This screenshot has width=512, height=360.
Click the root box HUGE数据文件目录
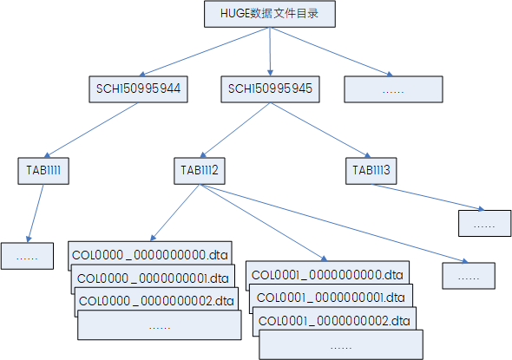[x=269, y=15]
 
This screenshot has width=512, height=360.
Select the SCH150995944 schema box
[x=139, y=88]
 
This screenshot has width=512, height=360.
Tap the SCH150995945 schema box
[x=270, y=88]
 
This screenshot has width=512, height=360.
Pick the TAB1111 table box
[x=43, y=170]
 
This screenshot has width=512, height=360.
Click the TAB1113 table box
[x=371, y=170]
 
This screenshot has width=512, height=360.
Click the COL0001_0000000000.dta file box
[x=327, y=274]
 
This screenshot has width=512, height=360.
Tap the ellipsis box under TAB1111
[x=29, y=256]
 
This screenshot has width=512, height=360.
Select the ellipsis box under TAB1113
[x=484, y=223]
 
